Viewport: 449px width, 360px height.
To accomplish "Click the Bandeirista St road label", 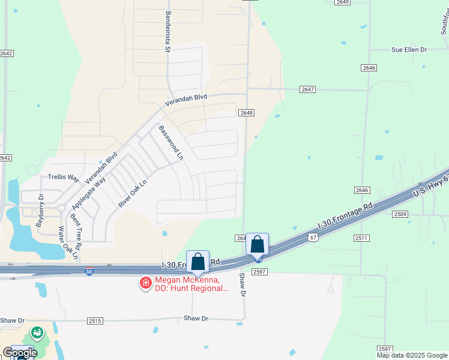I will click(x=168, y=32).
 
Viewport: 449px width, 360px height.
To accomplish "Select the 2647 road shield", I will click(x=308, y=89).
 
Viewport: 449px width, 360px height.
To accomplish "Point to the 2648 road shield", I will click(x=246, y=113).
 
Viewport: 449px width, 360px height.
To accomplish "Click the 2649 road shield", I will click(x=343, y=2).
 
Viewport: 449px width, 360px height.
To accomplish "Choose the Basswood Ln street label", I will click(x=170, y=142).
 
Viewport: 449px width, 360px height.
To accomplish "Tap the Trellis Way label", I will click(x=64, y=178).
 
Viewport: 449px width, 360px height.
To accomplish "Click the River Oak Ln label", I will click(x=132, y=194).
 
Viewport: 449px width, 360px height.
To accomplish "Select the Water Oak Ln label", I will click(x=68, y=242).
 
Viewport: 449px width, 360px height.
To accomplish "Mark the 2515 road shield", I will click(x=95, y=321).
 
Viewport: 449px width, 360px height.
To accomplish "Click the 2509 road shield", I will click(x=400, y=214).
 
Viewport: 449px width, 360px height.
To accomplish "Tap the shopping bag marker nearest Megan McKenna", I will click(x=197, y=262).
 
